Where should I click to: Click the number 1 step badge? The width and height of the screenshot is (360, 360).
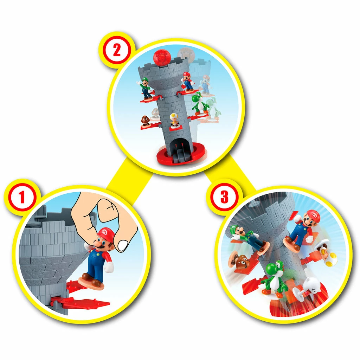tap(22, 198)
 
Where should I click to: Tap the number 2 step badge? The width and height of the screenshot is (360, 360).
tap(116, 51)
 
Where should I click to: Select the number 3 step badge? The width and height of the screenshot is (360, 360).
tap(224, 197)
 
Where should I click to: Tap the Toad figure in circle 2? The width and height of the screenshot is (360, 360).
tap(174, 120)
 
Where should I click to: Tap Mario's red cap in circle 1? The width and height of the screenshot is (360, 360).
tap(105, 233)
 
